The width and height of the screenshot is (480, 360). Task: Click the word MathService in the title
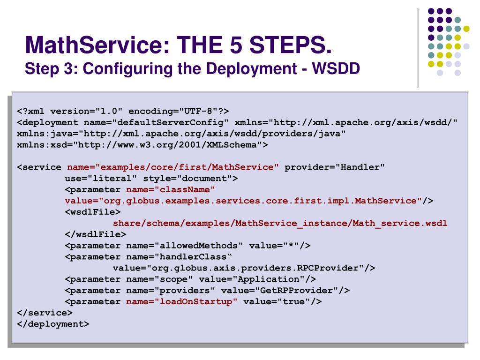(89, 46)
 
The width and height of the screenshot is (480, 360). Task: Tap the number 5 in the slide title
(236, 46)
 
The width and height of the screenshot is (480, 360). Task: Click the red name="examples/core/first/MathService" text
(173, 167)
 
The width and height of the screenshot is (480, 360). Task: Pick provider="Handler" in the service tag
(335, 167)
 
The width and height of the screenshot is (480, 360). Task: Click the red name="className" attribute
(171, 190)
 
